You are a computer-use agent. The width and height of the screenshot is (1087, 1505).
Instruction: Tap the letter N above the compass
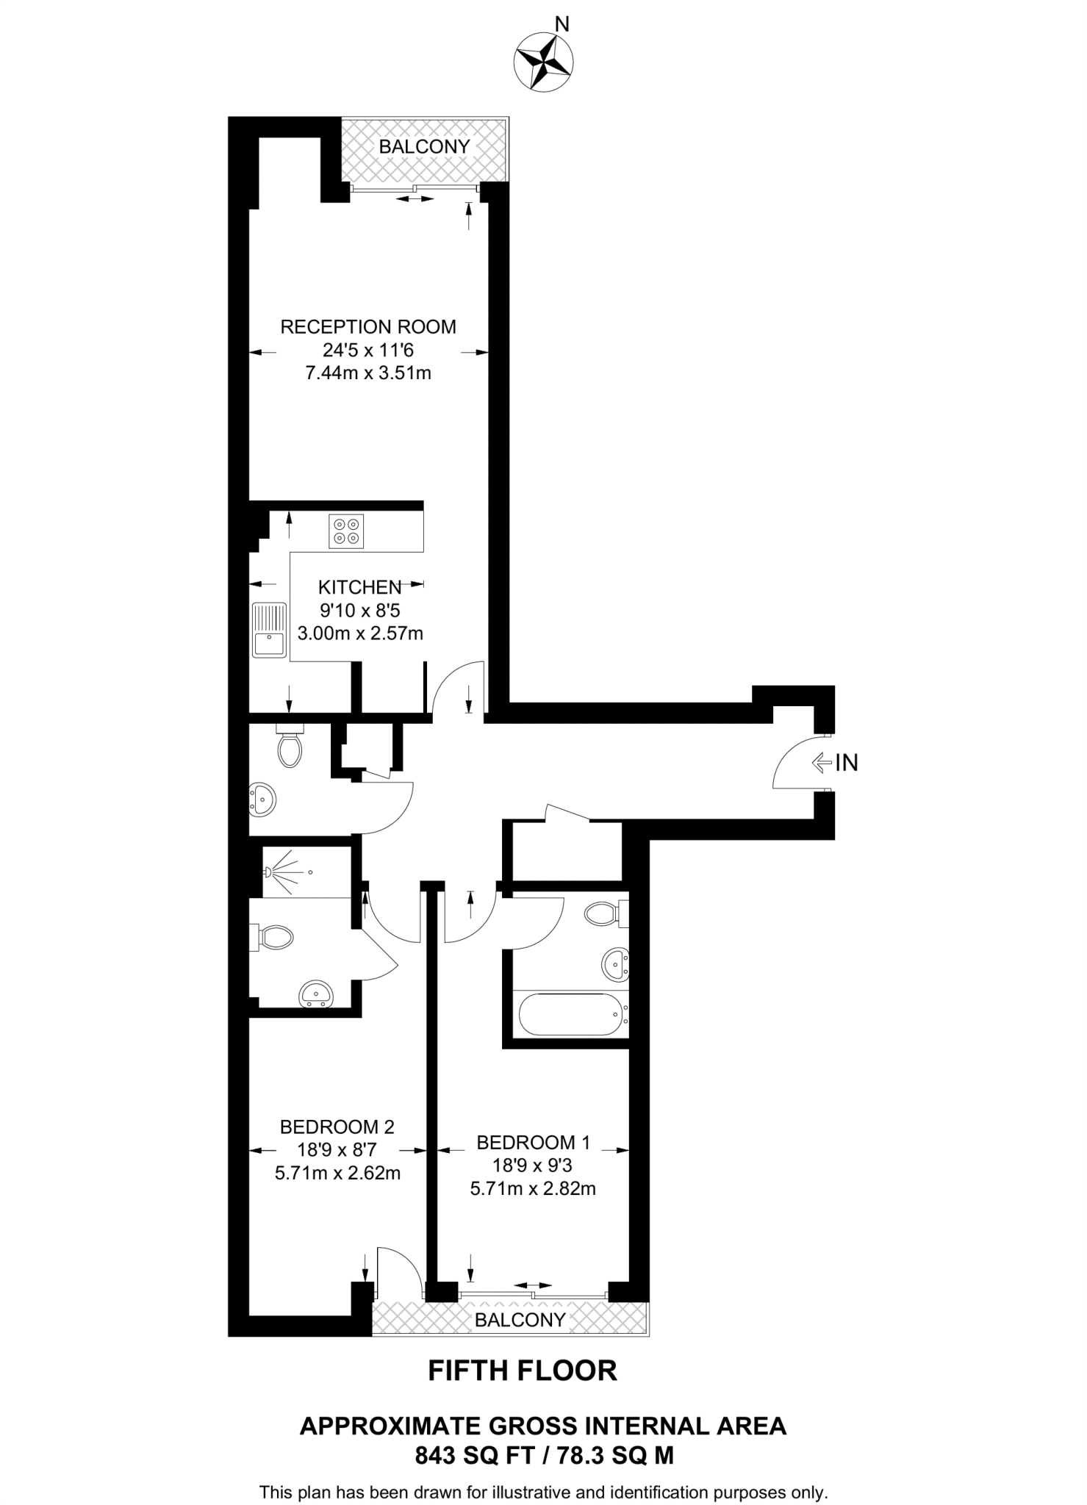562,25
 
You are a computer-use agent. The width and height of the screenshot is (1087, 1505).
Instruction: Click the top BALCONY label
424,147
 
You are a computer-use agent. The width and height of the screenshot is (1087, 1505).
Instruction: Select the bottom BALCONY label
520,1320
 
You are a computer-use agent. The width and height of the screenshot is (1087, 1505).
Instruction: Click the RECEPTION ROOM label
368,327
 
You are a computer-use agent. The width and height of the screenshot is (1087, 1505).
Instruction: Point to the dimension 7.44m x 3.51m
368,373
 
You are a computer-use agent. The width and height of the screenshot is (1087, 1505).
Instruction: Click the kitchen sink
269,629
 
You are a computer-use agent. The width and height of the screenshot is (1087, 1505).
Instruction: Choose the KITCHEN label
359,587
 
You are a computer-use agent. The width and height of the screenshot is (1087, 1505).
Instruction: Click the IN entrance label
847,763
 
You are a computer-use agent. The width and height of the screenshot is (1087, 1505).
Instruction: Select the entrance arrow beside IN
821,763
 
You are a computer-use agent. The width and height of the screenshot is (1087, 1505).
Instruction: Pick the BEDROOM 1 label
533,1143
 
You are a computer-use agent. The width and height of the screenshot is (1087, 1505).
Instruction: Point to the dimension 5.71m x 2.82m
533,1188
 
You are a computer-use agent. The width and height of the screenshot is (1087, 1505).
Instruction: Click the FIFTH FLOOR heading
523,1371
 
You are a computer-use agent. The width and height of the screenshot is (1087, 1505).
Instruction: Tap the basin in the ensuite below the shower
317,994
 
